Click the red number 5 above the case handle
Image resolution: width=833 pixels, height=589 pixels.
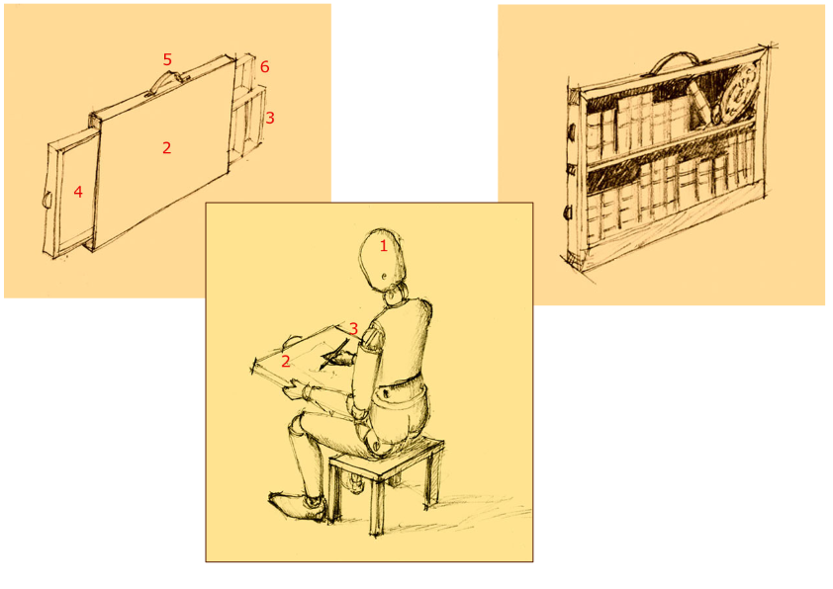click(167, 59)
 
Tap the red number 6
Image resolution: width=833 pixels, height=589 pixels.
click(264, 67)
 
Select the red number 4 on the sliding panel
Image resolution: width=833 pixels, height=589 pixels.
click(78, 192)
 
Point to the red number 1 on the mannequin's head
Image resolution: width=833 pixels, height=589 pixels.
click(383, 246)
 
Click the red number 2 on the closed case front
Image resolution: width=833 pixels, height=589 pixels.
click(167, 148)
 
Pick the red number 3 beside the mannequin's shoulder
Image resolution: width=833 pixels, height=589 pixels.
click(353, 328)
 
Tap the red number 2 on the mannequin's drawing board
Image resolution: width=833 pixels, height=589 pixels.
click(286, 362)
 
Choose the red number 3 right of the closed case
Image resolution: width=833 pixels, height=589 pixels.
click(270, 118)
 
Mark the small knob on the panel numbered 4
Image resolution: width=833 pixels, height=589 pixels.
click(46, 199)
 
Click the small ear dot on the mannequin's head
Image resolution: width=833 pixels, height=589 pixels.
click(385, 277)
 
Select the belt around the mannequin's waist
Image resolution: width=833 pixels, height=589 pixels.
click(399, 386)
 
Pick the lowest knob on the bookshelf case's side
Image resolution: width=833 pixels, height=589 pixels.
click(568, 212)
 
